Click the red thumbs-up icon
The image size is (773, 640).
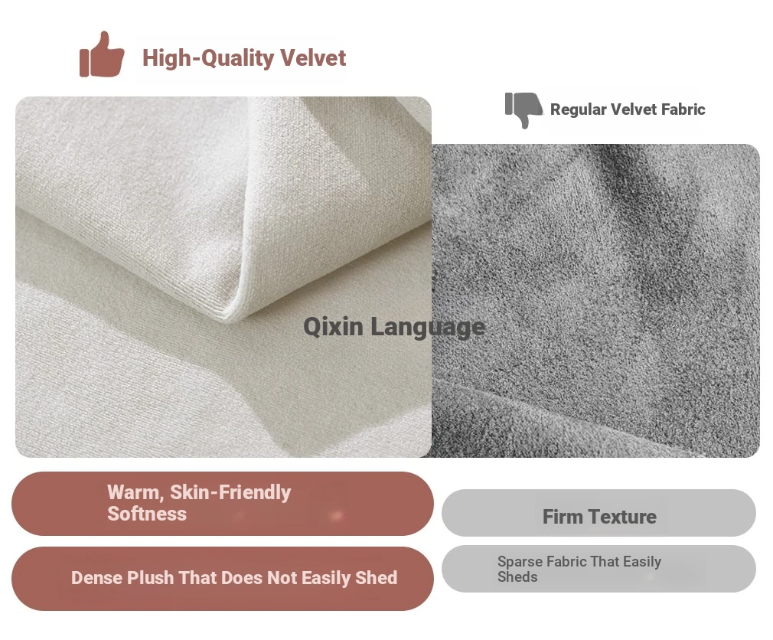(x=102, y=54)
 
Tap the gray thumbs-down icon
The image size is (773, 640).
(x=523, y=109)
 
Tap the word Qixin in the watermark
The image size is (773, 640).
(x=333, y=326)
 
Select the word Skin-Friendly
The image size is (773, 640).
(x=230, y=492)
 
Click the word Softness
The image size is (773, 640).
(x=147, y=514)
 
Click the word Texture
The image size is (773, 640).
(x=623, y=517)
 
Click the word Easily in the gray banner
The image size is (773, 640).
(x=642, y=562)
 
